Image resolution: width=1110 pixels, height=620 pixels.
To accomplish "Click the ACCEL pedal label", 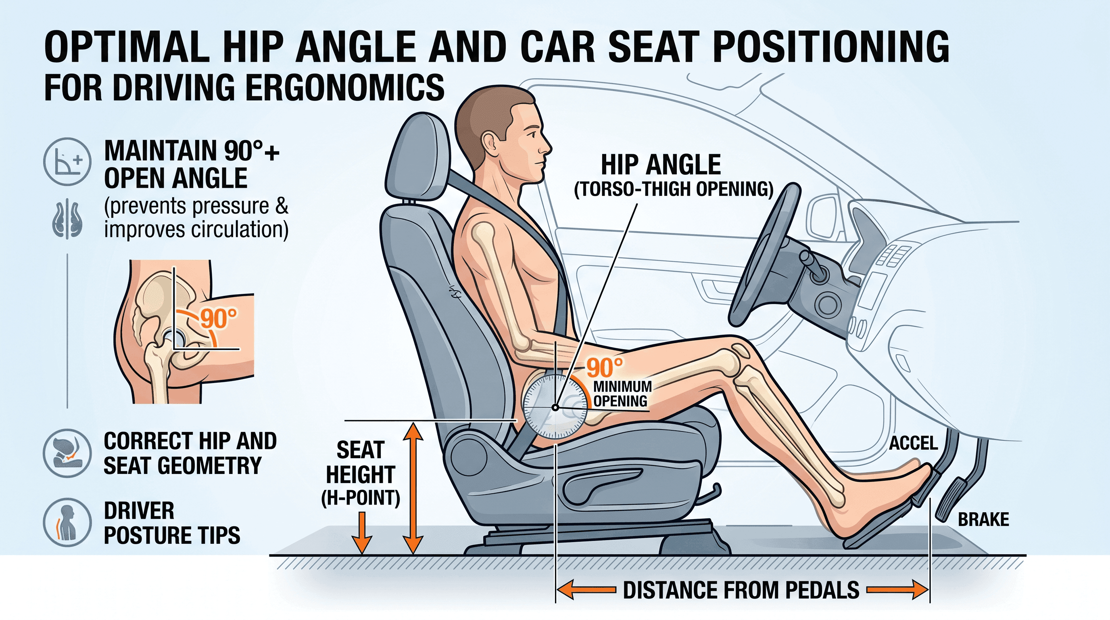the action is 913,443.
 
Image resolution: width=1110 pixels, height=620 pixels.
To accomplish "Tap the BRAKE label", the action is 983,519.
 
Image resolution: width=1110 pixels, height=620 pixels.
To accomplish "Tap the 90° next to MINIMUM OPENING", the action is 605,368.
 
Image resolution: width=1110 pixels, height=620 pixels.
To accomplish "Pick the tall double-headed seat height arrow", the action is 412,488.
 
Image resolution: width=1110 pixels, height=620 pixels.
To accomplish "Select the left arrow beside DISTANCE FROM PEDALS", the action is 586,589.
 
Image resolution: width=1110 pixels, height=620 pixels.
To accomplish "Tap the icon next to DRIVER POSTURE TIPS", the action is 67,522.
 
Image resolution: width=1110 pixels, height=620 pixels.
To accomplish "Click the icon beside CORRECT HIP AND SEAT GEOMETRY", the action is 67,453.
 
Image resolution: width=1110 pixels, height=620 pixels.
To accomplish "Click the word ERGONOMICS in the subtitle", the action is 345,87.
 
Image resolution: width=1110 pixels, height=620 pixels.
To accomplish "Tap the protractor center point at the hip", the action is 555,407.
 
